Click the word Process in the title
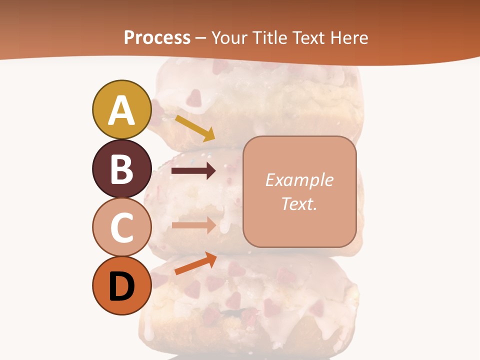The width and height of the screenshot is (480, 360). point(157,37)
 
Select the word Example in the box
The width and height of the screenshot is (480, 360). point(299,180)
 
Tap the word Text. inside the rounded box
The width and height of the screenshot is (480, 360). point(299,203)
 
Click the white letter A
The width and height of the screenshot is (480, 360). point(121,110)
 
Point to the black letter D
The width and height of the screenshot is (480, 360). point(121,287)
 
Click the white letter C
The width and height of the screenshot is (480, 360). point(121,228)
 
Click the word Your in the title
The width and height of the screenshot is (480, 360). point(230,37)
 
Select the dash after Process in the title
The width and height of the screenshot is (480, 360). point(200,38)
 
